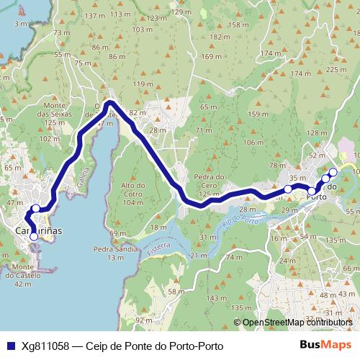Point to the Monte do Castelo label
click(27, 275)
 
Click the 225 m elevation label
click(336, 69)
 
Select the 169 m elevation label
click(212, 57)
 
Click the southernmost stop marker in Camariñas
click(33, 236)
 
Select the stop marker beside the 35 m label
click(288, 189)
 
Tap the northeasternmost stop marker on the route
click(333, 172)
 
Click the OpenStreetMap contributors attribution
click(297, 323)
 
